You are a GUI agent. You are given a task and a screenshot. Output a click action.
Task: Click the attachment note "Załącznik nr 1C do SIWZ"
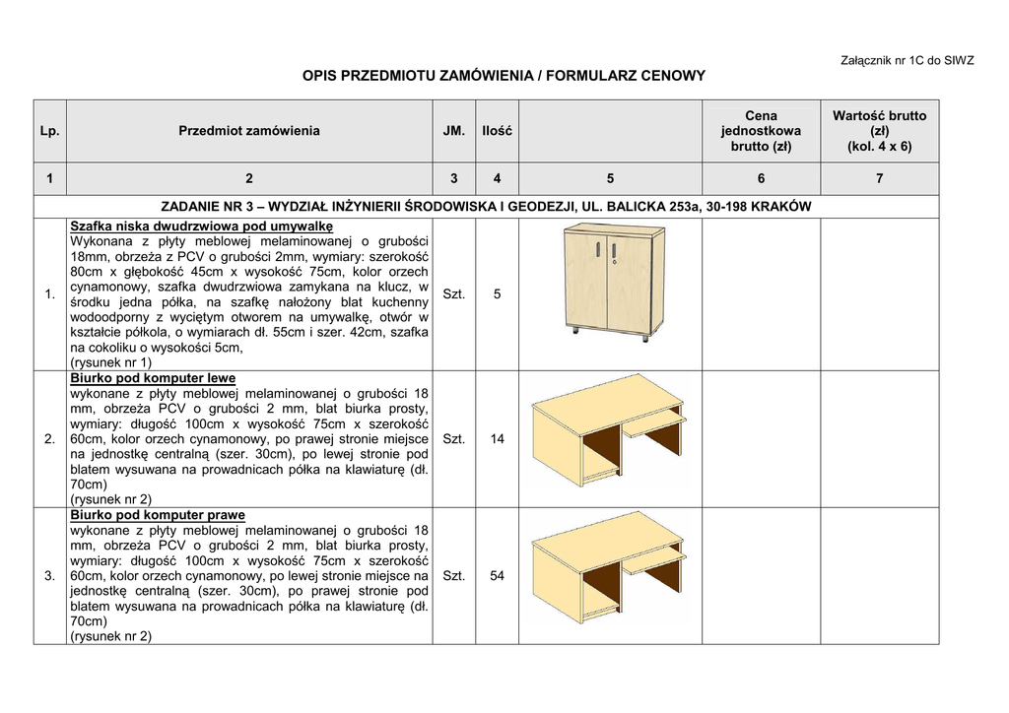point(907,60)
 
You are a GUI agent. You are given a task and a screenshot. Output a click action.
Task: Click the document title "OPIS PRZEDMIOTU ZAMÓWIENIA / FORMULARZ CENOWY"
point(504,75)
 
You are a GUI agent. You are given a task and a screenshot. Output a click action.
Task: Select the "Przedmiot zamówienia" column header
point(249,130)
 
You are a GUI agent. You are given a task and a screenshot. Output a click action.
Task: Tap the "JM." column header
point(453,130)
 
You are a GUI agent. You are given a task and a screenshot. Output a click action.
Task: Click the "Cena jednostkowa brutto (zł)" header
point(761,130)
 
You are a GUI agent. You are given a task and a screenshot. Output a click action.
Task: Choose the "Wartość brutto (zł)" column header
point(879,130)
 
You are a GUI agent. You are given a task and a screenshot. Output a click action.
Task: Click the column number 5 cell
point(611,178)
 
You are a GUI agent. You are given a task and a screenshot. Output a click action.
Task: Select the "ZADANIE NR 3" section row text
point(486,207)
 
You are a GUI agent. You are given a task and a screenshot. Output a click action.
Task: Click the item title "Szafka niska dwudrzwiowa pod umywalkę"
point(202,226)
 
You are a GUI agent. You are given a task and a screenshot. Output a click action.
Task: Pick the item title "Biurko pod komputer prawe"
point(158,515)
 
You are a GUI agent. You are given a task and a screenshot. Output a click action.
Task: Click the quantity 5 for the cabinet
point(497,293)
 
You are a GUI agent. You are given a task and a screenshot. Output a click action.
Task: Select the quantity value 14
point(497,438)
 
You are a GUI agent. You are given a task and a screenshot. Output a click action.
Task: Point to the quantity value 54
point(497,575)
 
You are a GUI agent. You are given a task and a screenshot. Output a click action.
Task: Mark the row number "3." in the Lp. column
point(49,575)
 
